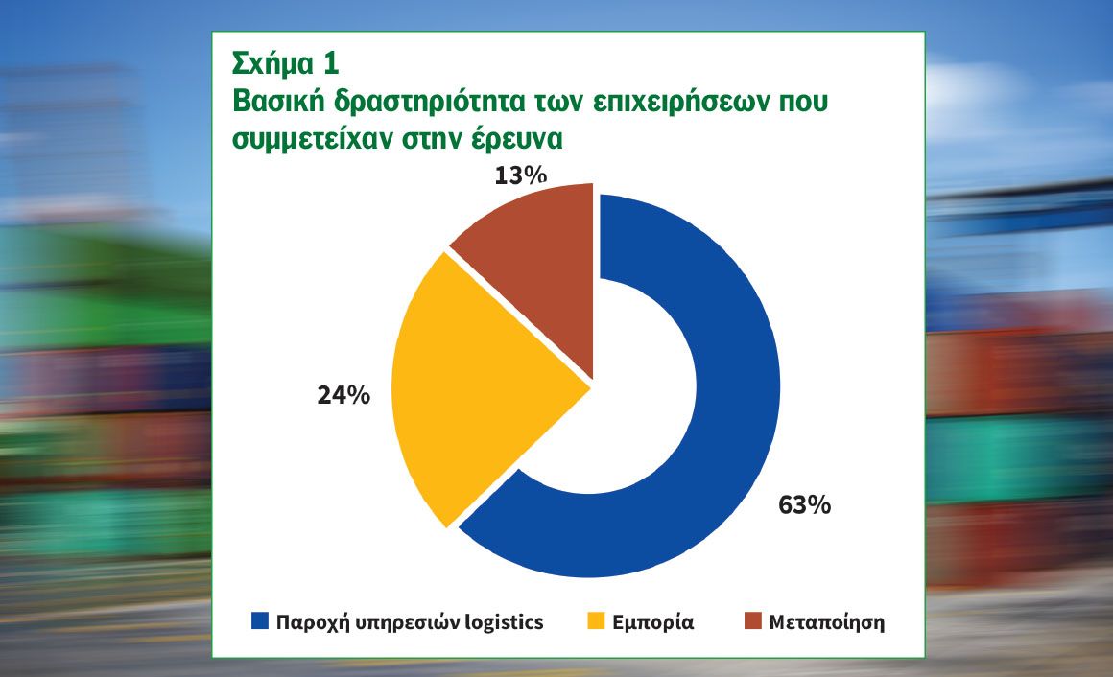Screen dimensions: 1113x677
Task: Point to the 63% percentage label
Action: [x=804, y=505]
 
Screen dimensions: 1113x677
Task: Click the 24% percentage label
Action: [x=343, y=395]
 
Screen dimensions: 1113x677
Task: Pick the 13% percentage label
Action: [x=521, y=175]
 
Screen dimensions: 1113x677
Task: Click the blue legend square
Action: [x=260, y=620]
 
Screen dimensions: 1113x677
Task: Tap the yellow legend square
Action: [x=596, y=620]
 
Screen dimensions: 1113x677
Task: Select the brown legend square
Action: [x=753, y=620]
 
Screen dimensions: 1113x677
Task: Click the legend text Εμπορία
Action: [x=653, y=622]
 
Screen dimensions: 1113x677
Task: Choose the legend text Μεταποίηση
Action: [x=827, y=622]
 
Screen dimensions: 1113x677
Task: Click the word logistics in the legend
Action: [x=504, y=622]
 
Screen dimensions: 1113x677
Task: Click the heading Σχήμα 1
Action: [x=285, y=63]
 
